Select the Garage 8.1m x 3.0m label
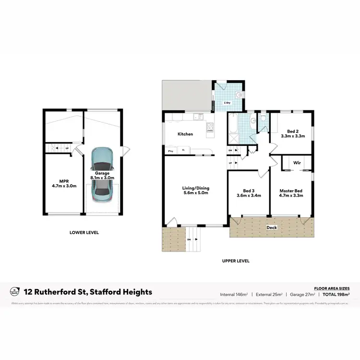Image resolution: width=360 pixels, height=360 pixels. [x=101, y=175]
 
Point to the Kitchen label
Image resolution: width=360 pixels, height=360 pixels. [x=185, y=134]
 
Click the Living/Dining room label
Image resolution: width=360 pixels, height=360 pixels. [x=196, y=191]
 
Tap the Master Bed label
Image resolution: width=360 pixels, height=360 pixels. [x=291, y=193]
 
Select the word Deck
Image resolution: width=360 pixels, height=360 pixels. [x=272, y=228]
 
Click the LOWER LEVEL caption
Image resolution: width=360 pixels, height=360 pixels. [x=84, y=232]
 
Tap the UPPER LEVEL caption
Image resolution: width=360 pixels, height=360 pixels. [x=235, y=261]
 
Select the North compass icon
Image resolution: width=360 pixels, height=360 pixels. [x=14, y=291]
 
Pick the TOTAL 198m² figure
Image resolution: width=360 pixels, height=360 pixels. [x=336, y=294]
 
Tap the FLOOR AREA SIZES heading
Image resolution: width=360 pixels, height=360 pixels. [x=331, y=287]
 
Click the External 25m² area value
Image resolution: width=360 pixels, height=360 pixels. [x=269, y=294]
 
